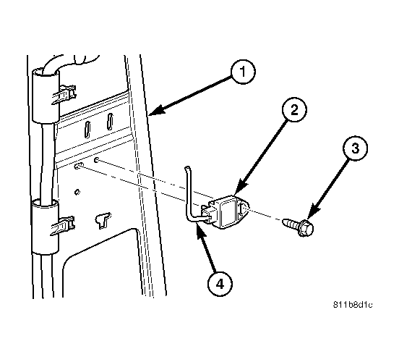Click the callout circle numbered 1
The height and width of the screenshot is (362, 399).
(243, 72)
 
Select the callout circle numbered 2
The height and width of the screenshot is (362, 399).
(294, 109)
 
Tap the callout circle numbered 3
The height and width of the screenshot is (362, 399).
(355, 148)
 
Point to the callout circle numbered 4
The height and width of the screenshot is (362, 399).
(220, 284)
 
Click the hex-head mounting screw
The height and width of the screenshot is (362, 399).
(299, 226)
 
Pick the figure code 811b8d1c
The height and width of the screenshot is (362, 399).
(353, 305)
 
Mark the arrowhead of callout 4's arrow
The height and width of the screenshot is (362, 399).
(200, 230)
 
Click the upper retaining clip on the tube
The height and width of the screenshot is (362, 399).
(64, 94)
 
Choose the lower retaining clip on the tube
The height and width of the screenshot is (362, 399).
(63, 225)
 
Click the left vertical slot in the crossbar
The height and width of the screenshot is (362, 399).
(87, 130)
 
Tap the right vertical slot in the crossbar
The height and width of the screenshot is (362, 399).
(110, 122)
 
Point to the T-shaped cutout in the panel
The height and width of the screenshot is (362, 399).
(103, 220)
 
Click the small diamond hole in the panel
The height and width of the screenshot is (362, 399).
(77, 192)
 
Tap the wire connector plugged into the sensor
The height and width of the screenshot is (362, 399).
(207, 214)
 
